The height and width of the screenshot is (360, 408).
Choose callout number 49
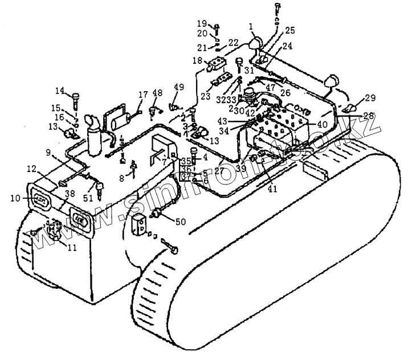[x=179, y=87]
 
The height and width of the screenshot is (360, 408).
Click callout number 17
[x=143, y=94]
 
